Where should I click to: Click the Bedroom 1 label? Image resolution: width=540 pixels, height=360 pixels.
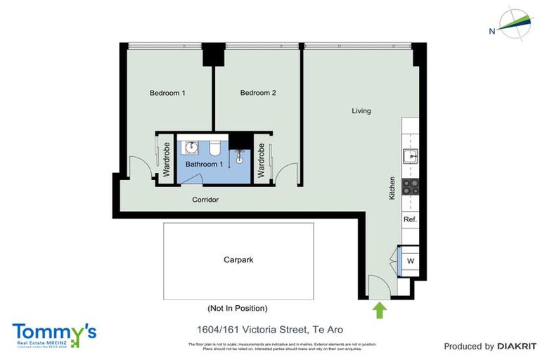(167, 93)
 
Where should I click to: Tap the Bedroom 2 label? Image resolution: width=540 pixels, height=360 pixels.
(258, 93)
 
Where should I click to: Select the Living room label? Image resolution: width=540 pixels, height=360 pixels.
(361, 110)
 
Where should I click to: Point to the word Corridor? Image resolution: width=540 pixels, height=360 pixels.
(205, 200)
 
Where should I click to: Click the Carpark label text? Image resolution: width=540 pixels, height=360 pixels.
(238, 259)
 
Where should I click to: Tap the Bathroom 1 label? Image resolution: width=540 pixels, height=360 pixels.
(205, 164)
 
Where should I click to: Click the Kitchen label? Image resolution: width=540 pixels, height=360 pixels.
(392, 188)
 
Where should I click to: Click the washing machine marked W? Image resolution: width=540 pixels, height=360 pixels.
(410, 262)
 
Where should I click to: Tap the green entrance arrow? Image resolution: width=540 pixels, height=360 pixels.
(380, 309)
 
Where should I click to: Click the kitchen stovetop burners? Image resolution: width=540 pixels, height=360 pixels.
(410, 187)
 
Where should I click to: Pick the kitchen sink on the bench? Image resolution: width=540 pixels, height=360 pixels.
(409, 155)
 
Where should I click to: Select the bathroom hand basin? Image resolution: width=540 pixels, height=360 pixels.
(191, 148)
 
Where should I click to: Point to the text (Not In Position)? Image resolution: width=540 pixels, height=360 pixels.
(237, 308)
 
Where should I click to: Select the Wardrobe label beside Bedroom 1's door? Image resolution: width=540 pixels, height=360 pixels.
(167, 160)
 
